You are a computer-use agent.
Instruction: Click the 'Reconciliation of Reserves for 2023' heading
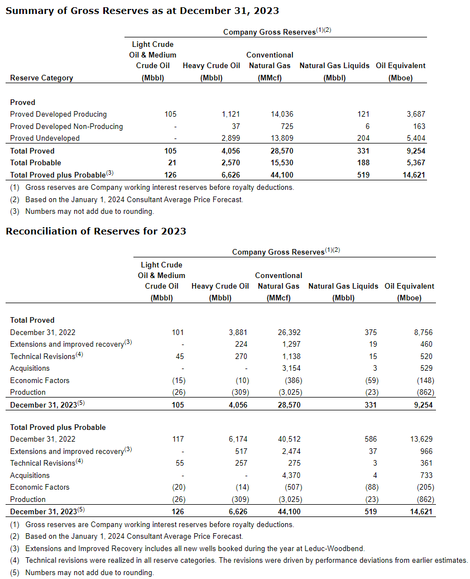(x=96, y=231)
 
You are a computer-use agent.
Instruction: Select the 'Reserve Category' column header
(x=41, y=78)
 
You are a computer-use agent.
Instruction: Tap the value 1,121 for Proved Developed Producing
(x=231, y=114)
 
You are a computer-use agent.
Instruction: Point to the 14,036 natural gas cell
(x=282, y=114)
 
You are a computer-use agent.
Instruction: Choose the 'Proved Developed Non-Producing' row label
(x=66, y=126)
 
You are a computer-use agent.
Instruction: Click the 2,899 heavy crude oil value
(x=231, y=138)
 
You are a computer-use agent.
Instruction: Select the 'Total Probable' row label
(x=32, y=162)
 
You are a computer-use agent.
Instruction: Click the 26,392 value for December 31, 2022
(x=289, y=332)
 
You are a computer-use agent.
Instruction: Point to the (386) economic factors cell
(x=290, y=380)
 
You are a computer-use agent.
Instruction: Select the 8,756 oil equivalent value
(x=423, y=332)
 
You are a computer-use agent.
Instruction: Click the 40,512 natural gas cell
(x=289, y=439)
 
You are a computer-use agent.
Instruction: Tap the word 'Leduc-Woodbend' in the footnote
(x=338, y=548)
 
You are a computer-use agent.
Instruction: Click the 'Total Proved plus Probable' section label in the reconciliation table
(x=58, y=427)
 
